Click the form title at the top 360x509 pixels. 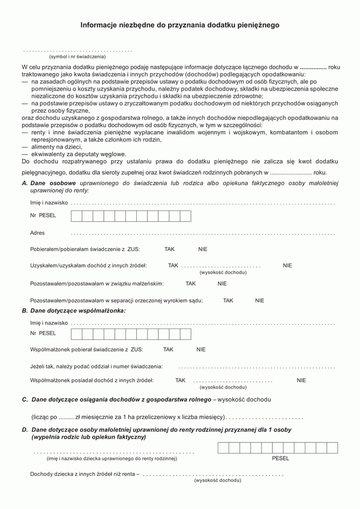click(180, 26)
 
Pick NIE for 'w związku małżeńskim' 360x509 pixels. click(222, 284)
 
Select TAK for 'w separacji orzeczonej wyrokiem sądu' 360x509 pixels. click(228, 300)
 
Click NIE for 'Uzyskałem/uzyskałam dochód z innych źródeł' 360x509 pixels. click(287, 264)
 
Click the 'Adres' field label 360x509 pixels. click(37, 233)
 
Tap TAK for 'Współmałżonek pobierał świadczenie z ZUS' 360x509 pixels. click(168, 349)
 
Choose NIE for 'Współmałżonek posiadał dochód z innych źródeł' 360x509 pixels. click(301, 380)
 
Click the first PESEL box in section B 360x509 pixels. click(76, 334)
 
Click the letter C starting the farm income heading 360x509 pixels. click(25, 399)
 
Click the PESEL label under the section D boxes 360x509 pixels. click(280, 458)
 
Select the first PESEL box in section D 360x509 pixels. click(223, 447)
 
